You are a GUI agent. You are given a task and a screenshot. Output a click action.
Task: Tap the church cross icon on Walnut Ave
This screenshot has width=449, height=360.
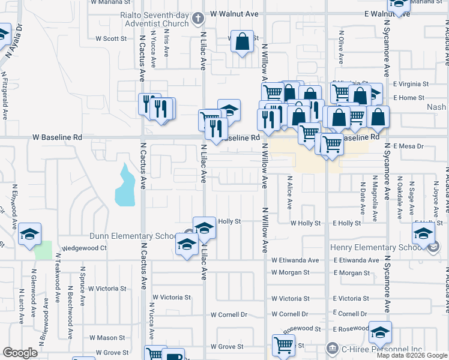(x=199, y=19)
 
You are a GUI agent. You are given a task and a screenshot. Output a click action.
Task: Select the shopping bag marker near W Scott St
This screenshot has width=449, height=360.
(x=242, y=42)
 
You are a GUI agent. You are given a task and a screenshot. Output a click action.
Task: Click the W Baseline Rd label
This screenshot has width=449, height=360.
(x=57, y=137)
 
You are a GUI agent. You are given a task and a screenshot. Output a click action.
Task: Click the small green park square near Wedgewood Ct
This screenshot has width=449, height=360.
(x=43, y=250)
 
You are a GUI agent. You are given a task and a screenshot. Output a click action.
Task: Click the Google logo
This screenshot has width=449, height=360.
(x=20, y=353)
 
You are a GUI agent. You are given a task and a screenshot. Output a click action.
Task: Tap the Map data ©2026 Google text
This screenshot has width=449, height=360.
(x=412, y=355)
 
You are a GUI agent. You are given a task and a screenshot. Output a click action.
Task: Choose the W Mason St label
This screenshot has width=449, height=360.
(x=107, y=338)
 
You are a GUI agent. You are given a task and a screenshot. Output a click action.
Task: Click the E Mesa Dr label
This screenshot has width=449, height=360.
(x=408, y=146)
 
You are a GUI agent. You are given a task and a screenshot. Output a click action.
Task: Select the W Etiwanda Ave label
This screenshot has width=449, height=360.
(x=295, y=260)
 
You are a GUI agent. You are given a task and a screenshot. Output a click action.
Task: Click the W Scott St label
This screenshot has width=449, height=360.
(x=111, y=38)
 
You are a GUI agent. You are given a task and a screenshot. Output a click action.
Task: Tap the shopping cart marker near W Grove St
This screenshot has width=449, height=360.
(x=283, y=345)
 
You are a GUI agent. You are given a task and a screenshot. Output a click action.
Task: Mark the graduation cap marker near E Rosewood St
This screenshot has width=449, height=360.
(x=380, y=332)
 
